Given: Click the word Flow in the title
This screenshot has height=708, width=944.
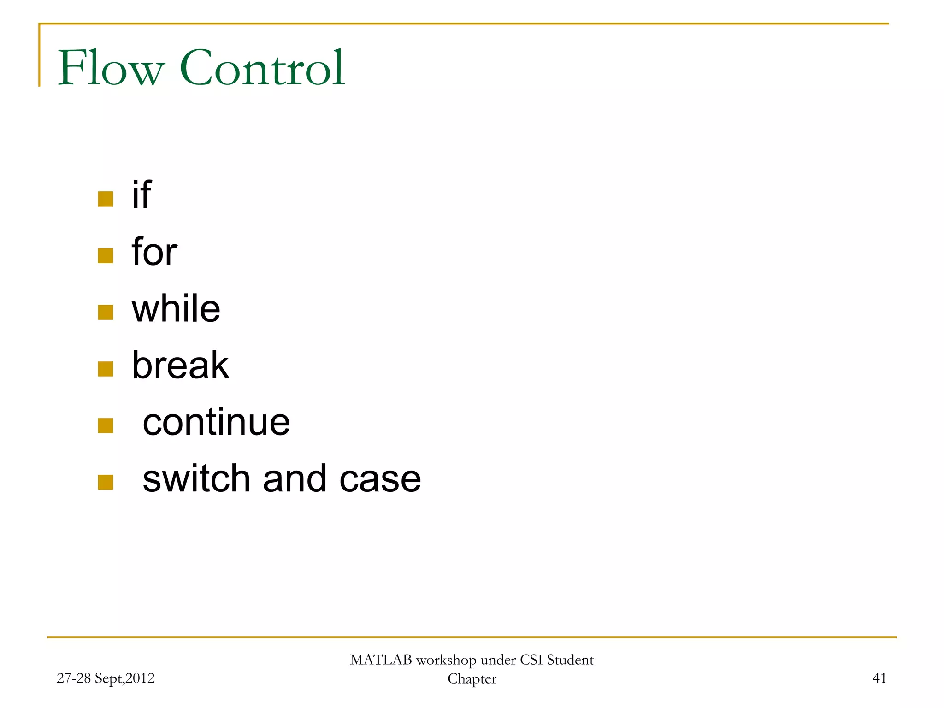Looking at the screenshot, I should point(111,68).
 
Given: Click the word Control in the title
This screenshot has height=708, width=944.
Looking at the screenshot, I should point(262,68).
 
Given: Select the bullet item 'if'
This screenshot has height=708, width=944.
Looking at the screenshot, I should point(142,195).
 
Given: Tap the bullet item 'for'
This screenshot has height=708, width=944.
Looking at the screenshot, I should point(154,252).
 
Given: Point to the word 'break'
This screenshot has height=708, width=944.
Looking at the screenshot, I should point(180,365).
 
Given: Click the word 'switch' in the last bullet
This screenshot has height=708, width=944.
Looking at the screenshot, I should point(196,478).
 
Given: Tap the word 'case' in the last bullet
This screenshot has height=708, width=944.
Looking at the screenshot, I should point(380,478).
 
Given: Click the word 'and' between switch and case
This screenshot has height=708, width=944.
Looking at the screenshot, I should point(295,478).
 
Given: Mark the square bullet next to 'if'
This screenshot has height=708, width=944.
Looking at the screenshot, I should point(106,199).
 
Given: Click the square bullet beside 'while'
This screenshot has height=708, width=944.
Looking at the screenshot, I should point(106,313).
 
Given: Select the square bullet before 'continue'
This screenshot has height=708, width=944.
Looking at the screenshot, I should point(106,426).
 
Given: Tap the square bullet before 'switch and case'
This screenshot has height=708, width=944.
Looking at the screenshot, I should point(106,483).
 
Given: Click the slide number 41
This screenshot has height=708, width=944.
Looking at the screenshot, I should point(879,678).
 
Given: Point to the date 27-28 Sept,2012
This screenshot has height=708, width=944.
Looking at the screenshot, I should point(106,678).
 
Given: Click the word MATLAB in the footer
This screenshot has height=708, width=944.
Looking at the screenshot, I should point(381,660).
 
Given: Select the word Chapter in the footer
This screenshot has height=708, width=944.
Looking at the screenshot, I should point(472,679).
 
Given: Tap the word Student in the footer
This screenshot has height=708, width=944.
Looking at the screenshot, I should point(570,660).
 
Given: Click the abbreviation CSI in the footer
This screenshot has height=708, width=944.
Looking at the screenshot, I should point(531,660).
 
